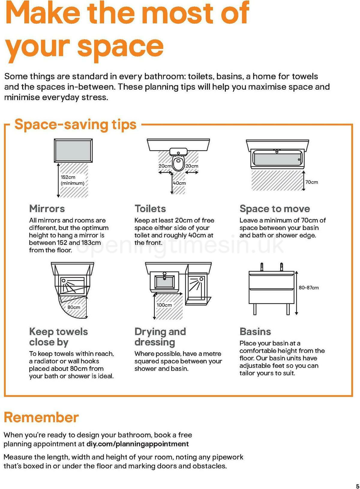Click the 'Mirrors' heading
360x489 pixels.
[47, 209]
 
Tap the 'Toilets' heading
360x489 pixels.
[150, 209]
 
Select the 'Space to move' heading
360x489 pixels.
[275, 209]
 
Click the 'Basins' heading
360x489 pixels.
[255, 332]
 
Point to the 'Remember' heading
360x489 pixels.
[41, 417]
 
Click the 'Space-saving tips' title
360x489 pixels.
[76, 124]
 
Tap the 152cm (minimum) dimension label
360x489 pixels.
[72, 180]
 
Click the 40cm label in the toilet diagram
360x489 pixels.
[179, 183]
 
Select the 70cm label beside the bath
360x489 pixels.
[311, 182]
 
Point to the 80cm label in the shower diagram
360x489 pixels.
[74, 307]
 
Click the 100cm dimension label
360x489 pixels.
[164, 305]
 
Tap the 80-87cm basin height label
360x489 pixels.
[308, 288]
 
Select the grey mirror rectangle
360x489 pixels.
[73, 150]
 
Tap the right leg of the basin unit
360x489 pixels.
[288, 309]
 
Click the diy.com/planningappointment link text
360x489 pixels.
[138, 444]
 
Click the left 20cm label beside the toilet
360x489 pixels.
[165, 166]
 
